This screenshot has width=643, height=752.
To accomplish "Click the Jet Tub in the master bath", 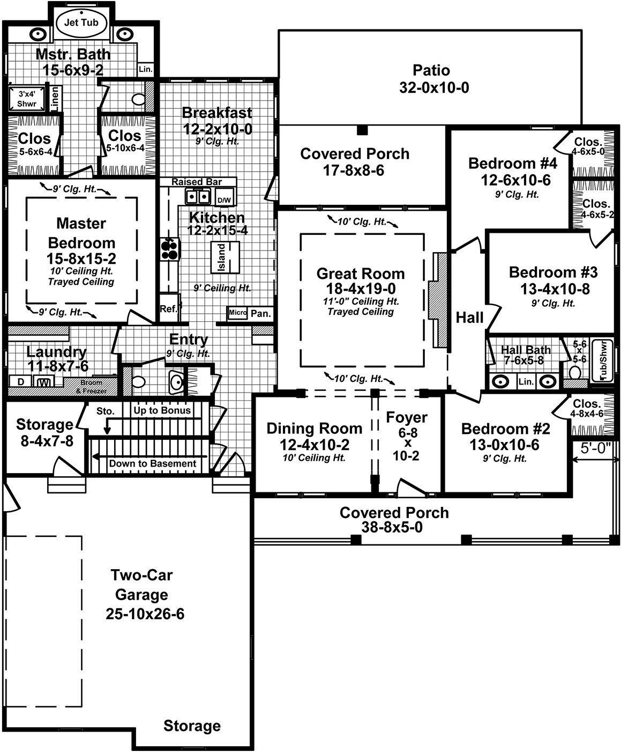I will (81, 23).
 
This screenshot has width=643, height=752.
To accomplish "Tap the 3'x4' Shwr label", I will (26, 99).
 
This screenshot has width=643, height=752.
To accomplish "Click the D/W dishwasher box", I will (223, 200).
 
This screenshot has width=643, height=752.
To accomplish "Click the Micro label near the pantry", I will (237, 313).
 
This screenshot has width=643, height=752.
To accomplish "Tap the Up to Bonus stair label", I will (162, 410).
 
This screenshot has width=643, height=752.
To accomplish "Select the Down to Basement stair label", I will (152, 463).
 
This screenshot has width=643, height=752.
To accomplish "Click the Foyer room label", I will (407, 417).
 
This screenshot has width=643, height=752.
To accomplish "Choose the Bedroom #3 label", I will (553, 272).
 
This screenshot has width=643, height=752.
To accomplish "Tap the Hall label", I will (469, 318).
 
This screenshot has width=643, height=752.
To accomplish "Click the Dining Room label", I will (314, 428).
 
